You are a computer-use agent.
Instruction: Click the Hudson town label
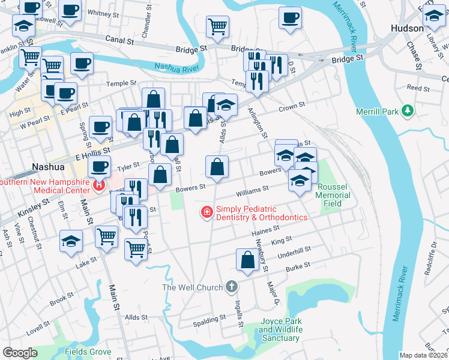(407, 28)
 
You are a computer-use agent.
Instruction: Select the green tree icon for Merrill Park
(408, 111)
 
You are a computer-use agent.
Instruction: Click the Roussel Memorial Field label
(333, 195)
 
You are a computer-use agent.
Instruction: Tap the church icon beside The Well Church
(232, 287)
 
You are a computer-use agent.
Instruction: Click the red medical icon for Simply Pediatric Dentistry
(206, 212)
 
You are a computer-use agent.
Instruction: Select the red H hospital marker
(99, 186)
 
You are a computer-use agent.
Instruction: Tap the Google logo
(20, 353)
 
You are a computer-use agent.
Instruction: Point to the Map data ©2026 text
(423, 355)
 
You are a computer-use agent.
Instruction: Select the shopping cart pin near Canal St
(217, 26)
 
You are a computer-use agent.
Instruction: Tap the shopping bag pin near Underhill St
(247, 260)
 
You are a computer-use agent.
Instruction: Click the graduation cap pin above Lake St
(71, 241)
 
